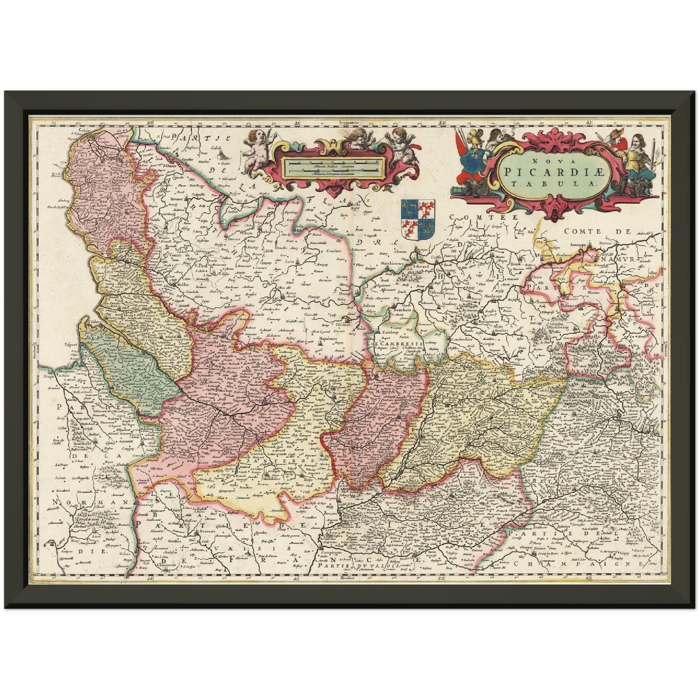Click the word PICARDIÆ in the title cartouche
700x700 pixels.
553,171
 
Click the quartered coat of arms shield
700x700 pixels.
418,219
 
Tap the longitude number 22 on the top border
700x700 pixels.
441,124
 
